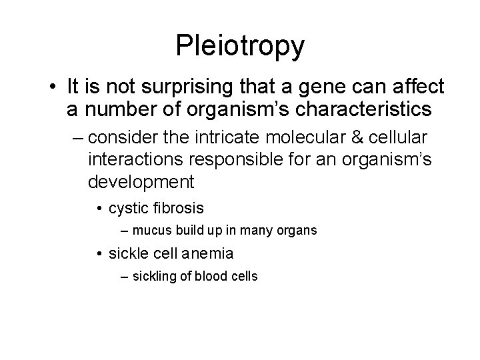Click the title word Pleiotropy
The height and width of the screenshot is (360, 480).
(x=240, y=45)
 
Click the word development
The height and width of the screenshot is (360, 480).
(x=141, y=181)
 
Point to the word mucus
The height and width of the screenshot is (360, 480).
(x=148, y=231)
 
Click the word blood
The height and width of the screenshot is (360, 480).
(x=211, y=276)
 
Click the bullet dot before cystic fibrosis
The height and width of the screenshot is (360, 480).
(x=98, y=209)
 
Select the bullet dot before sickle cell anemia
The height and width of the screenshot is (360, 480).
(x=98, y=254)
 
